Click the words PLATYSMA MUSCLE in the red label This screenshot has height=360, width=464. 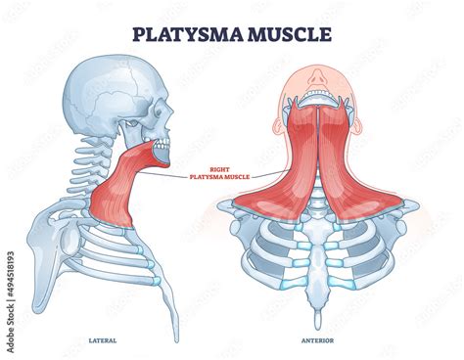222,176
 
